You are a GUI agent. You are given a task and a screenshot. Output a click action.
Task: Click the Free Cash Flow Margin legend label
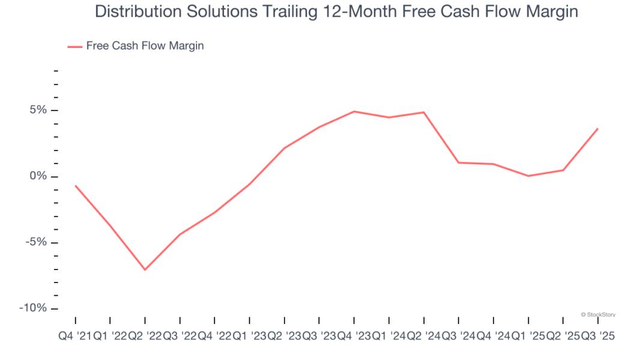145,46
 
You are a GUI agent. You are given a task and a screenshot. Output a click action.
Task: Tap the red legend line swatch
74,46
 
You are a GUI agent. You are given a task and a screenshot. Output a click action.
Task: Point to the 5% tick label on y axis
38,110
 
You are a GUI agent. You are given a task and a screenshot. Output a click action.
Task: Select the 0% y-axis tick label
38,176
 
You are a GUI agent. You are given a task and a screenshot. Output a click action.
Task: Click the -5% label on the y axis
37,242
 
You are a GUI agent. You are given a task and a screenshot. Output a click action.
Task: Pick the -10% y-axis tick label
34,308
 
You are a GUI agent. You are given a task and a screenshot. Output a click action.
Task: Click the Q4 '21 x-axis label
74,337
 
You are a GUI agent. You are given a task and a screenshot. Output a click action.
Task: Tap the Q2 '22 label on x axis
145,337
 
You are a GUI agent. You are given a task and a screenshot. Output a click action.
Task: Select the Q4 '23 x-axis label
354,337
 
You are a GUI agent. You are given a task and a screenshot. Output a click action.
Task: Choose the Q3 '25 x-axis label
597,337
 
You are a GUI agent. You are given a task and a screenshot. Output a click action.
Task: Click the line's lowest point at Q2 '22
145,269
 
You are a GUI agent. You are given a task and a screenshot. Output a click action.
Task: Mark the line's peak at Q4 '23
354,112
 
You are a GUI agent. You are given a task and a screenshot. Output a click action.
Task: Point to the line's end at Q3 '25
597,128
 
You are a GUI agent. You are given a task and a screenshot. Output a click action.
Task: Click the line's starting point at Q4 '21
75,185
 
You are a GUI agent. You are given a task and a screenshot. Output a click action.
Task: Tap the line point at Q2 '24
424,112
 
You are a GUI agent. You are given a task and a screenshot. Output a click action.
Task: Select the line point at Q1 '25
528,176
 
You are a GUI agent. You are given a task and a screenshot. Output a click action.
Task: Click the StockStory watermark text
597,314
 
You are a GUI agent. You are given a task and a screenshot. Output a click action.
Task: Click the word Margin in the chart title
549,11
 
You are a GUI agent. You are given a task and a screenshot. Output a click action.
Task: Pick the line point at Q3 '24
458,163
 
